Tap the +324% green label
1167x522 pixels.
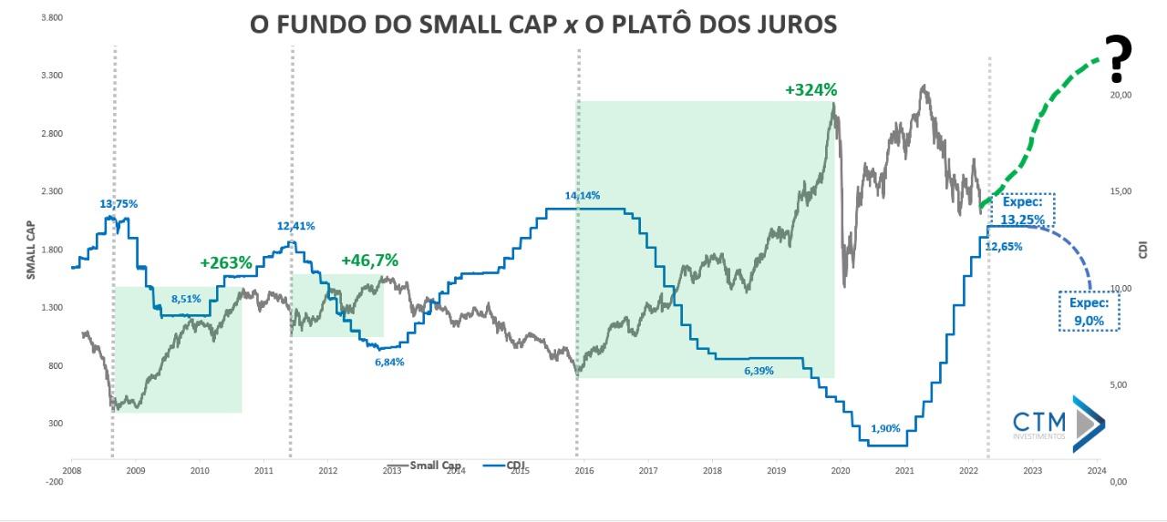pos(811,90)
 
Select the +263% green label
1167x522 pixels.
pos(225,262)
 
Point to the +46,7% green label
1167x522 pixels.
pos(369,261)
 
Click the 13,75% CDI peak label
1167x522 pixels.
pos(119,204)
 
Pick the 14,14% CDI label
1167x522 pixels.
pos(583,195)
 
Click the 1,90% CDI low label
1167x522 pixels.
pos(885,428)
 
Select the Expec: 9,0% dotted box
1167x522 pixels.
pos(1088,311)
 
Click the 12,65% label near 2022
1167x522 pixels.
pos(1004,246)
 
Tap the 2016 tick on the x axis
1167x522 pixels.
pos(584,471)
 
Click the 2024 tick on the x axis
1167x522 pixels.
pos(1097,471)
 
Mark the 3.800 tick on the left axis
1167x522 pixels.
pos(51,17)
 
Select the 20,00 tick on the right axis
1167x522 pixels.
pos(1121,95)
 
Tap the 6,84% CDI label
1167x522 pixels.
pos(389,362)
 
